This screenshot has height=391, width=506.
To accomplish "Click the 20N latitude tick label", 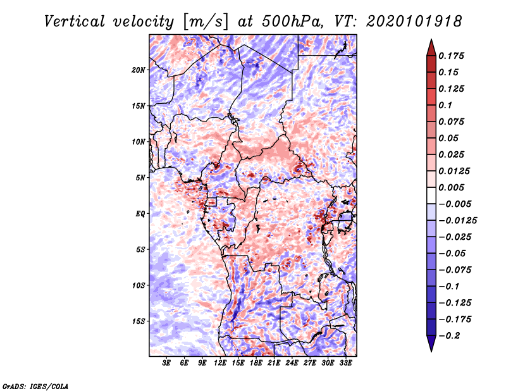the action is click(x=139, y=70).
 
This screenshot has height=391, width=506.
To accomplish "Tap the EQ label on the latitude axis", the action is click(x=140, y=214).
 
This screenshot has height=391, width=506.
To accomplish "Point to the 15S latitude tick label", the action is click(x=139, y=321).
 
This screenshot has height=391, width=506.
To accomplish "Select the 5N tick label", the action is click(x=140, y=178).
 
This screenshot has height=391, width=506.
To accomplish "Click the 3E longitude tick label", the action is click(x=166, y=363).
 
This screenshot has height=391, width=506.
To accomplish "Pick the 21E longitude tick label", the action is click(x=274, y=363).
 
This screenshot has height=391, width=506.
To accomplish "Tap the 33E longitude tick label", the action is click(x=345, y=363).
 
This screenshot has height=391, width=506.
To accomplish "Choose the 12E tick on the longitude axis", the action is click(x=220, y=363).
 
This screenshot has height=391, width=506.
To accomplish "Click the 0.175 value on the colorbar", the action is click(x=452, y=56).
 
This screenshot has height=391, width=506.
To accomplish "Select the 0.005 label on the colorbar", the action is click(x=452, y=187).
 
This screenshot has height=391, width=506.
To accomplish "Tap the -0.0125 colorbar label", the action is click(x=458, y=221).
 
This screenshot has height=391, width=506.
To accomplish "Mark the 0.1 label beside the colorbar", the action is click(x=446, y=105).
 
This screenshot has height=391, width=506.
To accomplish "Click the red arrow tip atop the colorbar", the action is click(x=431, y=39).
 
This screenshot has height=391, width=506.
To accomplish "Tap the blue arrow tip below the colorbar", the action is click(x=431, y=351).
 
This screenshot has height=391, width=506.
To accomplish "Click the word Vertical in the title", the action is click(x=75, y=22).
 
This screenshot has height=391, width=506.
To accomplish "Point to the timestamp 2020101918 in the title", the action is click(x=414, y=22).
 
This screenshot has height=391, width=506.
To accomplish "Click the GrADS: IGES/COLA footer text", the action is click(x=35, y=387).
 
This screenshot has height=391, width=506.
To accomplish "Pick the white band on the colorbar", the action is click(x=431, y=195).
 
